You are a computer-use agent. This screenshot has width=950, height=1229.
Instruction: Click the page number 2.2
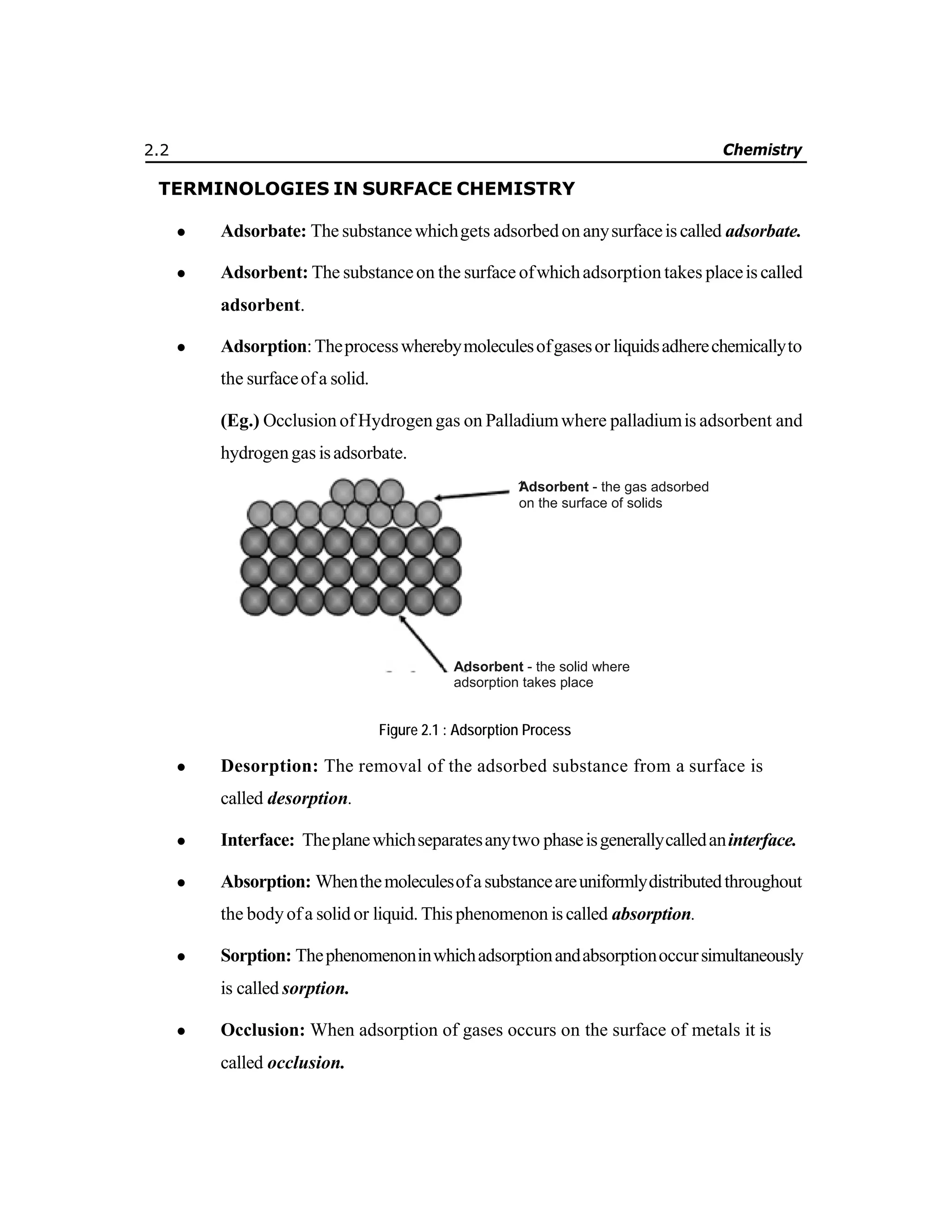[x=156, y=150]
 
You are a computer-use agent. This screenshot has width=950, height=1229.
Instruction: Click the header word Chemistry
[x=762, y=150]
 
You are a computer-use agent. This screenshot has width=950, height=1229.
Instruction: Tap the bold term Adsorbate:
[x=263, y=231]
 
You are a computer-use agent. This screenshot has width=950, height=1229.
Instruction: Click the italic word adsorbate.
[x=763, y=231]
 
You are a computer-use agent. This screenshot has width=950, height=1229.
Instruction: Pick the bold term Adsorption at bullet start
[x=263, y=346]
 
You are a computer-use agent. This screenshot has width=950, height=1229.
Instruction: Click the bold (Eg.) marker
[x=240, y=420]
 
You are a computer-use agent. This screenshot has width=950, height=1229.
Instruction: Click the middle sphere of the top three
[x=366, y=491]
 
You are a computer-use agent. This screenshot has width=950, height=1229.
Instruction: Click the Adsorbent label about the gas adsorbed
[x=554, y=487]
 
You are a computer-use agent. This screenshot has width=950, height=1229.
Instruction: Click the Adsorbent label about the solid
[x=488, y=667]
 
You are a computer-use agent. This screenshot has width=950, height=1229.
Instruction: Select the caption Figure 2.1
[x=475, y=730]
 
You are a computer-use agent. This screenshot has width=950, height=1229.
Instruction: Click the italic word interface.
[x=762, y=840]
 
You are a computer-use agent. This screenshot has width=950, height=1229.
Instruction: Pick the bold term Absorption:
[x=265, y=881]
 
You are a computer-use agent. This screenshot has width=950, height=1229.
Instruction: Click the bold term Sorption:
[x=256, y=955]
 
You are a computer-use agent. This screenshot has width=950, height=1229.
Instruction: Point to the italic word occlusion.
[x=305, y=1063]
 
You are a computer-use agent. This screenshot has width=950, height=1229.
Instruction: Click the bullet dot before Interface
[x=181, y=841]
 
